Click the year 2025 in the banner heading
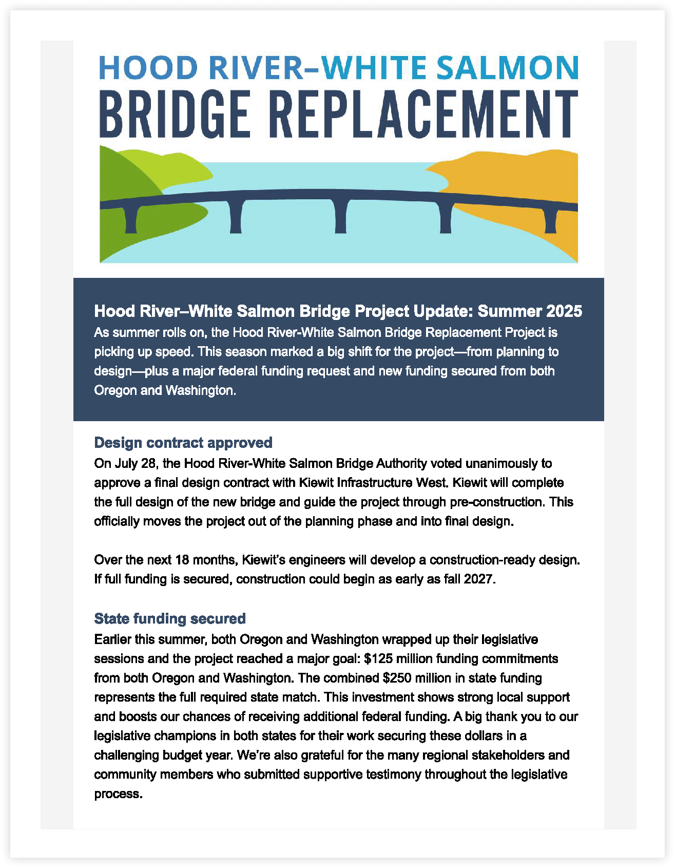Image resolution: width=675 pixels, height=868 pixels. pos(564,311)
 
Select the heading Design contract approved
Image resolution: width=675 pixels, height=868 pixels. pos(183,443)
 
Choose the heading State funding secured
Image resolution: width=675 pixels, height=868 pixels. pos(170,618)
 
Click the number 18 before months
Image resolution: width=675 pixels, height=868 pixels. pos(182,559)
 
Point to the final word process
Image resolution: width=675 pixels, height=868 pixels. pos(118,794)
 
